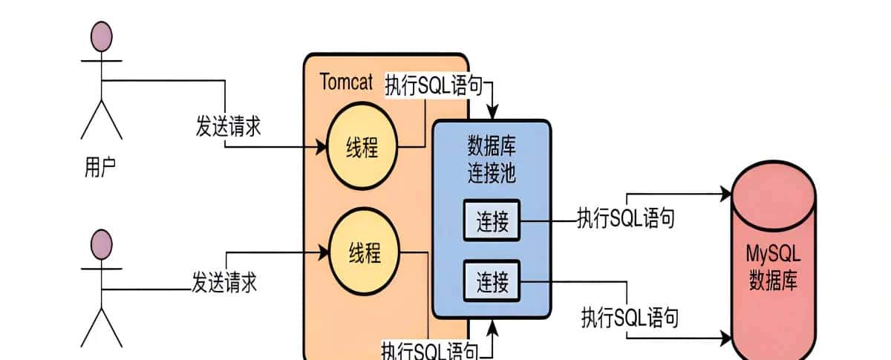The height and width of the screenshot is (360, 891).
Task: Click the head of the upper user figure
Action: [101, 36]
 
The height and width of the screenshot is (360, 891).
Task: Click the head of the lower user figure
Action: [101, 244]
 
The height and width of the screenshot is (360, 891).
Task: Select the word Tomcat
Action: [346, 82]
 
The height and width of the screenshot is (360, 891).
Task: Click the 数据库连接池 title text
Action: [491, 159]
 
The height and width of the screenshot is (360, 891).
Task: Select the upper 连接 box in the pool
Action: [492, 221]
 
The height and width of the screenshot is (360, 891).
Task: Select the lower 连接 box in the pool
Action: [492, 281]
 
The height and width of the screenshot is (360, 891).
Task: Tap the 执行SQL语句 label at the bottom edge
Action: [429, 350]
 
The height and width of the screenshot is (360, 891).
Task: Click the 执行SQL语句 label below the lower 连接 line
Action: [630, 318]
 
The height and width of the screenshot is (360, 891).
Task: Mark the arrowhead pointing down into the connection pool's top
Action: [491, 114]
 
